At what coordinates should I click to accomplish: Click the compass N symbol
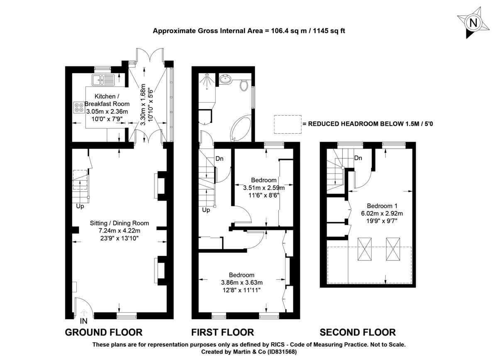[x=473, y=23]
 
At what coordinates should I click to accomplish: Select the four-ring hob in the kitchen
[x=78, y=108]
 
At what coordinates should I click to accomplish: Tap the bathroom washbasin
[x=226, y=79]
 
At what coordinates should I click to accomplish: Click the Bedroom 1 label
[x=382, y=206]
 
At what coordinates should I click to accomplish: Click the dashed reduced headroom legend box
[x=287, y=124]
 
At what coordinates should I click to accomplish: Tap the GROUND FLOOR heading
[x=104, y=332]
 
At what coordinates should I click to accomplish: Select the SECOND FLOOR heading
[x=357, y=332]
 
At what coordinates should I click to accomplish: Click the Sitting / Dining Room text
[x=120, y=223]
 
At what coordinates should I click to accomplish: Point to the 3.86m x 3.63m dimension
[x=242, y=283]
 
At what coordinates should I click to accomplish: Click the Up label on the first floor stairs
[x=206, y=210]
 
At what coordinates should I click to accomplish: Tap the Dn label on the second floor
[x=359, y=158]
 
